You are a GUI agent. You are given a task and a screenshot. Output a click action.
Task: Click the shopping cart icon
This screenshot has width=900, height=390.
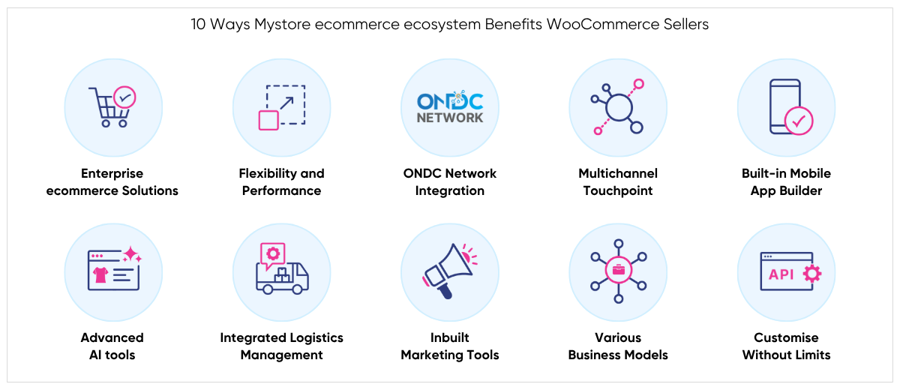110,107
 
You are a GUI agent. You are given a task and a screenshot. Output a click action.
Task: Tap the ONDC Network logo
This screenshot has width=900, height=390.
450,107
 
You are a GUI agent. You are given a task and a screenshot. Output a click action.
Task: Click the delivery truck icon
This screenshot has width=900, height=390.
282,277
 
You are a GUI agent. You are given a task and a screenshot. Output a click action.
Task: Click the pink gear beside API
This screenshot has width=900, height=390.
811,274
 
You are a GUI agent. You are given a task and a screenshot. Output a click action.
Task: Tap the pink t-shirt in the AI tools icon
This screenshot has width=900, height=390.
100,275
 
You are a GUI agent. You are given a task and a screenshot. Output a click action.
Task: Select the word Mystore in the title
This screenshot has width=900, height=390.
279,24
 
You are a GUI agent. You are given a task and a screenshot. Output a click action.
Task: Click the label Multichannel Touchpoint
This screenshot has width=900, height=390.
618,182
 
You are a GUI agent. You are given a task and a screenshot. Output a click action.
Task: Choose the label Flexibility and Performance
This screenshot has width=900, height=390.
281,182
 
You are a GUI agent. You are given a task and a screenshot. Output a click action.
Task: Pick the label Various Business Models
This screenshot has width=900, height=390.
618,346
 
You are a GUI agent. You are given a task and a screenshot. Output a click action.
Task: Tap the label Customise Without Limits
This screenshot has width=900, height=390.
786,346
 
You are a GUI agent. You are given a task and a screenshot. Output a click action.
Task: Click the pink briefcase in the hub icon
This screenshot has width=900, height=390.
618,271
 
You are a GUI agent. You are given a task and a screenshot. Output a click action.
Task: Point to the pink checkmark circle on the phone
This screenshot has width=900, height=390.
798,120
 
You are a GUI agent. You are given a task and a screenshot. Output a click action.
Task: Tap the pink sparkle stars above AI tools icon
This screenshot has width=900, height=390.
130,253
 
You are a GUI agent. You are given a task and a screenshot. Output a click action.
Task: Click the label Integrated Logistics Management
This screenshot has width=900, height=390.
281,346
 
